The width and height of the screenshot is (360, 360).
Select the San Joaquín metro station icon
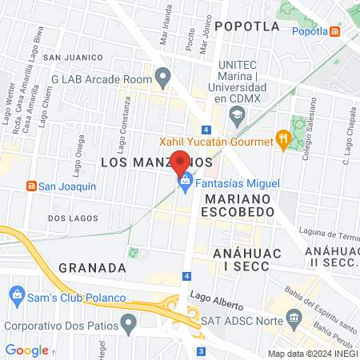31,186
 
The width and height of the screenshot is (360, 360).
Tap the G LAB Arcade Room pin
163,78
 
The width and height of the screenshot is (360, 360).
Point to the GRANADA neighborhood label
92,267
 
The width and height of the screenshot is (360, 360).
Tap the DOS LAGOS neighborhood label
66,218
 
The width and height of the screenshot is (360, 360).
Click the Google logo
26,350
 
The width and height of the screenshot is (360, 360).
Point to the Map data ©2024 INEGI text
311,354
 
